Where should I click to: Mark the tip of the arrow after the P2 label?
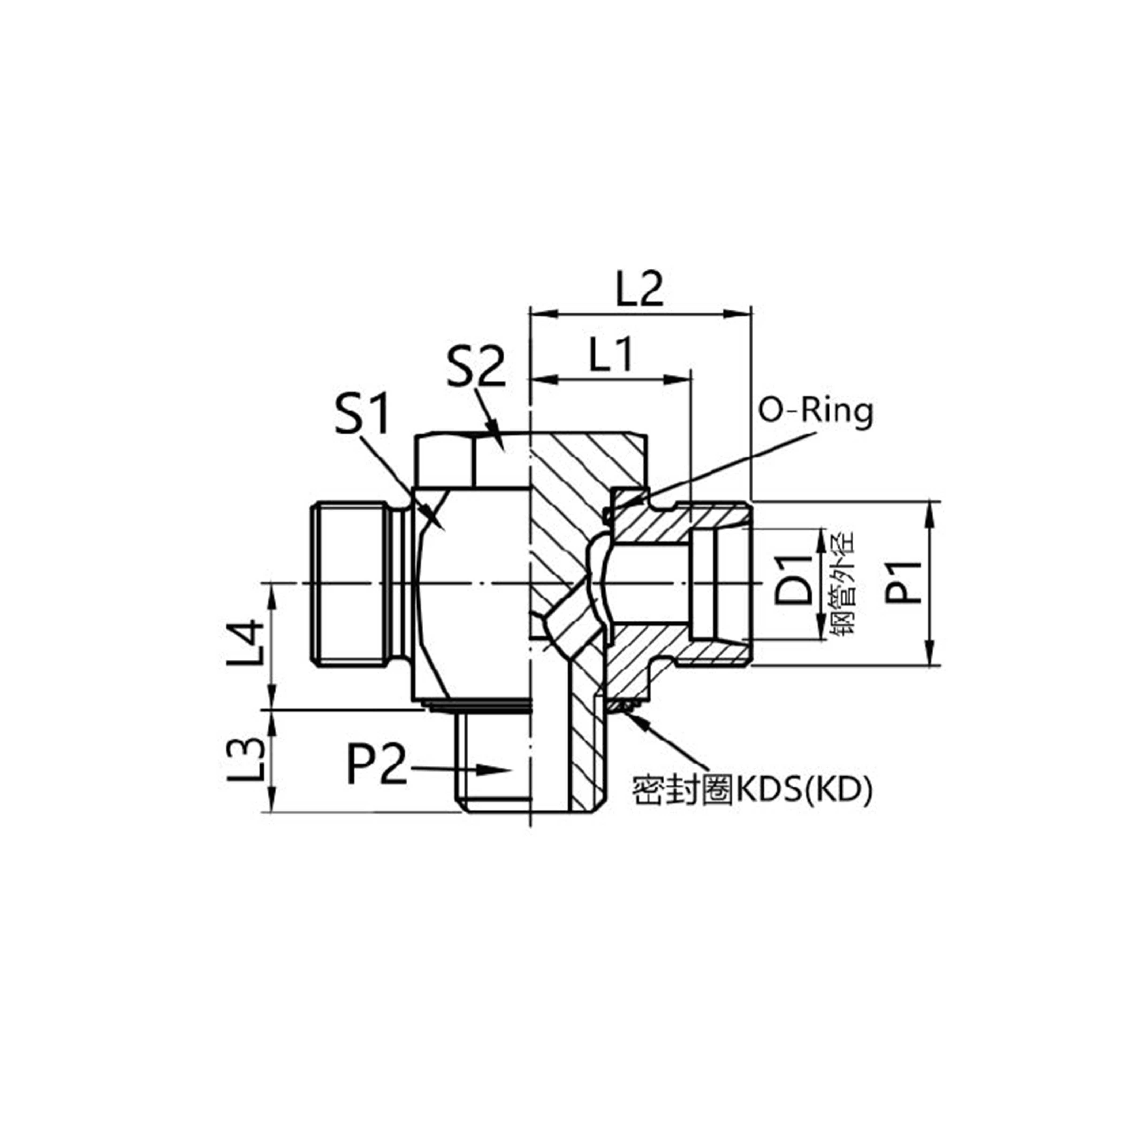point(511,771)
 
